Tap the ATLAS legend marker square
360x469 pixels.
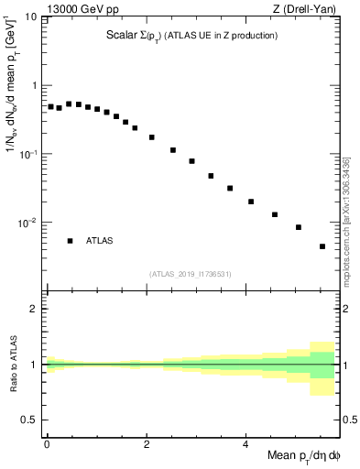(x=70, y=241)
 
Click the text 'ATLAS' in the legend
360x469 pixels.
(x=100, y=241)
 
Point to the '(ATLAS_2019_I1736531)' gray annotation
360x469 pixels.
(x=191, y=273)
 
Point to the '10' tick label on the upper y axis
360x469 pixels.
(x=30, y=17)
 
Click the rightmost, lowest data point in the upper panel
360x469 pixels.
(x=322, y=246)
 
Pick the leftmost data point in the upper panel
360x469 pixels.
(x=51, y=106)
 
